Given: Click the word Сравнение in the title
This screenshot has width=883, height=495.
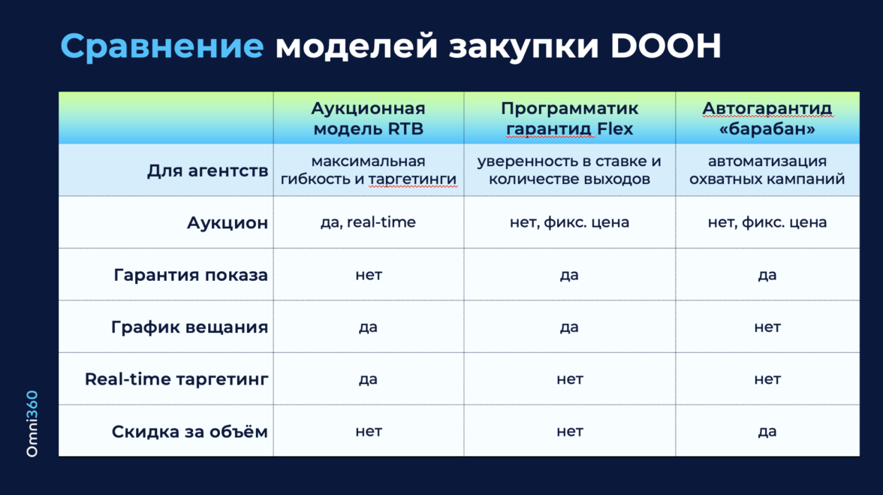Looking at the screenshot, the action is click(162, 46).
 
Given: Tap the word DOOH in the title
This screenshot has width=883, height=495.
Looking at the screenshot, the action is click(665, 46).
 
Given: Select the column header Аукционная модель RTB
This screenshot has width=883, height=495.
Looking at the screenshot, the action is click(368, 118).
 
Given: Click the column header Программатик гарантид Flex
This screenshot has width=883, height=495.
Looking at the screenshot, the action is click(569, 118).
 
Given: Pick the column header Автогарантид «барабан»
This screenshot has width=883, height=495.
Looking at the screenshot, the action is click(767, 118).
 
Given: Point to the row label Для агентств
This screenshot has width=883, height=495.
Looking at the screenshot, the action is click(207, 171).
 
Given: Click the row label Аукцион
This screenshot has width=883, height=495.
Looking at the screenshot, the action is click(228, 223).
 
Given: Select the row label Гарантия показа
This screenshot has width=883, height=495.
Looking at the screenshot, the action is click(191, 275).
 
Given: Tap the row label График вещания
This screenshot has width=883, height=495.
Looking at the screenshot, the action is click(189, 327).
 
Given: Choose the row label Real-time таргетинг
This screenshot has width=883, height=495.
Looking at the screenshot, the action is click(176, 379).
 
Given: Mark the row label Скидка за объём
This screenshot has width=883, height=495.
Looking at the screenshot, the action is click(190, 431).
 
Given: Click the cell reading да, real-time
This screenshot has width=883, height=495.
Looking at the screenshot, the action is click(368, 222).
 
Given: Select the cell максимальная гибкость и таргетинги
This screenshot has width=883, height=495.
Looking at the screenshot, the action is click(368, 170).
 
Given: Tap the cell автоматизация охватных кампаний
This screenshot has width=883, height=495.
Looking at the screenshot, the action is click(767, 170).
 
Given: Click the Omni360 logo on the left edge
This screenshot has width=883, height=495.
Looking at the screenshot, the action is click(32, 424).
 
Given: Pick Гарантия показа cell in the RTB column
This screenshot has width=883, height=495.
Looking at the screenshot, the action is click(368, 275).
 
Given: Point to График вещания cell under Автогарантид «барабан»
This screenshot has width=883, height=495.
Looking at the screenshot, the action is click(767, 327).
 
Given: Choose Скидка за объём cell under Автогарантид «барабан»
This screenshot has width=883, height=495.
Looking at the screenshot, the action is click(767, 431).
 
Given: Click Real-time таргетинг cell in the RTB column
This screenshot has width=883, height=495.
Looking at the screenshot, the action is click(368, 379).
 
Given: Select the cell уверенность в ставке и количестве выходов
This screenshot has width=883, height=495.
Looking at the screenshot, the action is click(569, 170).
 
